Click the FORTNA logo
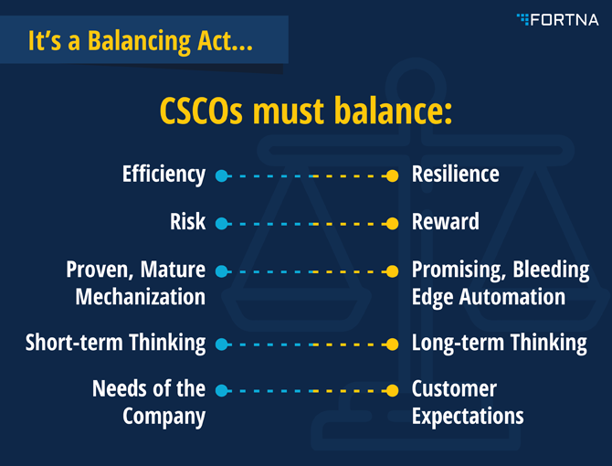[557, 19]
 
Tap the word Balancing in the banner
[140, 41]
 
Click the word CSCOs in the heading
[201, 111]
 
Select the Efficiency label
[164, 175]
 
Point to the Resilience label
[456, 175]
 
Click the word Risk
[188, 222]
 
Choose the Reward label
[446, 222]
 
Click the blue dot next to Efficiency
[222, 176]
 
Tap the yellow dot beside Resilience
[392, 176]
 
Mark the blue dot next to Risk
[222, 224]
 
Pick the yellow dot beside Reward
[392, 224]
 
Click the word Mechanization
[141, 297]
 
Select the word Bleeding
[551, 270]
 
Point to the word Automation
[512, 297]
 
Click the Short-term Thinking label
[115, 343]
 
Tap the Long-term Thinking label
[500, 343]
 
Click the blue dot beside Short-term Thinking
[222, 344]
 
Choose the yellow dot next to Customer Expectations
[392, 390]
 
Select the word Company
[164, 417]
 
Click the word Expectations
[468, 417]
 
